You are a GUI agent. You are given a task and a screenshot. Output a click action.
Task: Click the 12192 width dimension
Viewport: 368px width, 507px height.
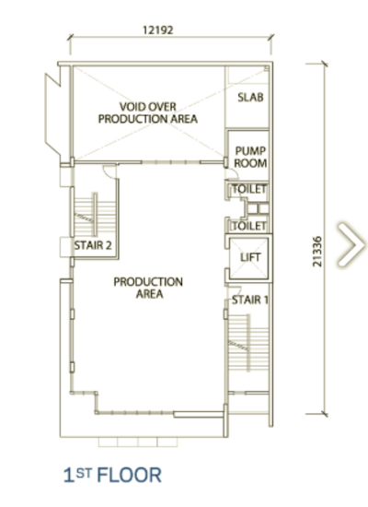(x=158, y=30)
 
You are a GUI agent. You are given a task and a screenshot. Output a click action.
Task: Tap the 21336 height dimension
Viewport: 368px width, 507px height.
(x=317, y=252)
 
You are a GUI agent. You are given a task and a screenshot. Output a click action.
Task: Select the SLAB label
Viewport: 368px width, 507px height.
(x=250, y=97)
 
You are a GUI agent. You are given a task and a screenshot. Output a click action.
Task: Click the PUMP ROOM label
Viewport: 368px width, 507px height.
(x=250, y=157)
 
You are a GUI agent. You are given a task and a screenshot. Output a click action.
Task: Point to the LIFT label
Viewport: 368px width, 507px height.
(x=250, y=257)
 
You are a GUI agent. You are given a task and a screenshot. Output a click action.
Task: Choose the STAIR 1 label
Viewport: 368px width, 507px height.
(x=250, y=301)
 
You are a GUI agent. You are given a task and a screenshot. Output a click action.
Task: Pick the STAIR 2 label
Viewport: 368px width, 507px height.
(x=93, y=245)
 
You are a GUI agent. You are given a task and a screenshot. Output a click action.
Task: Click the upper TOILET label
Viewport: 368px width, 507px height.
(x=249, y=189)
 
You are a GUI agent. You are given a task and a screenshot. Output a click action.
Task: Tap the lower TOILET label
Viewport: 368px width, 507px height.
(x=249, y=226)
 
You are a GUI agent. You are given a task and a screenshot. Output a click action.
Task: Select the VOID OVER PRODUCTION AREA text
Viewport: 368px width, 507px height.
(x=148, y=112)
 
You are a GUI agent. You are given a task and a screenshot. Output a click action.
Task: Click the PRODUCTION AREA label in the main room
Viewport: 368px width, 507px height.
(x=148, y=288)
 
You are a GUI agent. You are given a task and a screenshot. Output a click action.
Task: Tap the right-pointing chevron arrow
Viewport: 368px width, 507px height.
(x=351, y=244)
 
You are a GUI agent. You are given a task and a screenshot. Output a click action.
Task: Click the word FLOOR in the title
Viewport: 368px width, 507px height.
(x=129, y=476)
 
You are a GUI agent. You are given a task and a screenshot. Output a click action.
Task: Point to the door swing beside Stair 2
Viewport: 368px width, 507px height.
(x=109, y=171)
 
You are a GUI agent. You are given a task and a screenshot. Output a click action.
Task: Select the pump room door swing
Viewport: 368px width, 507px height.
(x=232, y=173)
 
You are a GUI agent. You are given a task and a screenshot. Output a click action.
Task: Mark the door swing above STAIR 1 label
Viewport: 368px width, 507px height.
(x=235, y=291)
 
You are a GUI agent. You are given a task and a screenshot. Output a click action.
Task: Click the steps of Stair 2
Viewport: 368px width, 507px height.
(x=95, y=215)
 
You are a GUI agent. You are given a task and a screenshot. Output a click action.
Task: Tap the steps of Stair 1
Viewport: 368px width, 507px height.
(x=248, y=343)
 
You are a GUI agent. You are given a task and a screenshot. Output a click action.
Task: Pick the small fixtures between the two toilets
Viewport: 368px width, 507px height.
(x=258, y=208)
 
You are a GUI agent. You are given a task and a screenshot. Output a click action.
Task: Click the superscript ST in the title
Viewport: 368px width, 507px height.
(x=85, y=474)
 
